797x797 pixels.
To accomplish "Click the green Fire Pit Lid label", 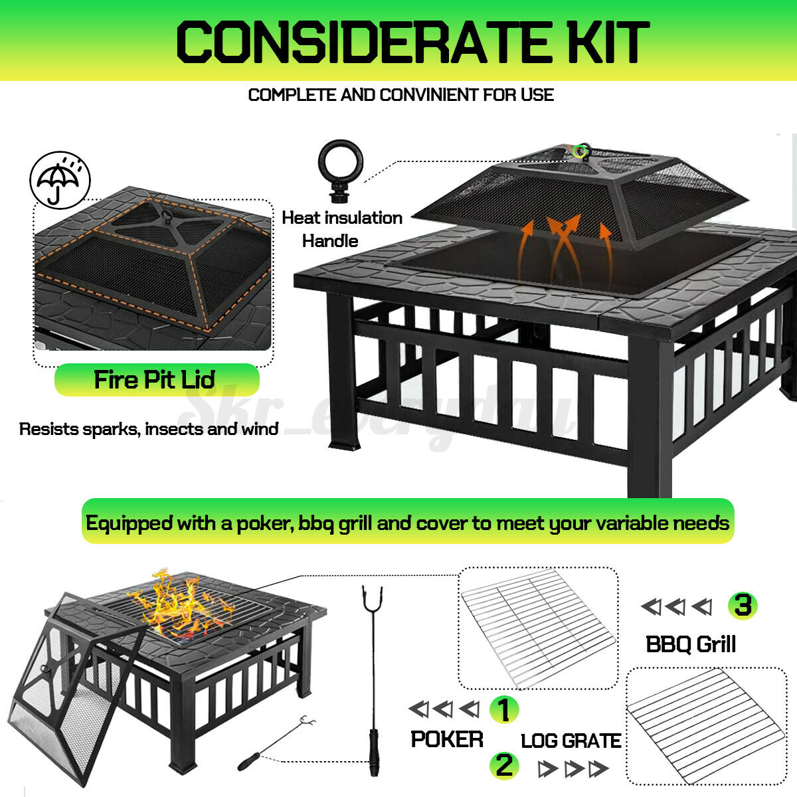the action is [157, 380].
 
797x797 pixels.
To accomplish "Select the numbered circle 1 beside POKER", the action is [503, 709].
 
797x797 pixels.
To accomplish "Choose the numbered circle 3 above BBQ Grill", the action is [743, 606].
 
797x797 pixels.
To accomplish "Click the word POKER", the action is [447, 739].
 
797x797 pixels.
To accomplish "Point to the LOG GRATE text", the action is [571, 741].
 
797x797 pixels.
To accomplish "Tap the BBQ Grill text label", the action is [691, 644].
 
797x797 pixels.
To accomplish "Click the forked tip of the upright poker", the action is [372, 598].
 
